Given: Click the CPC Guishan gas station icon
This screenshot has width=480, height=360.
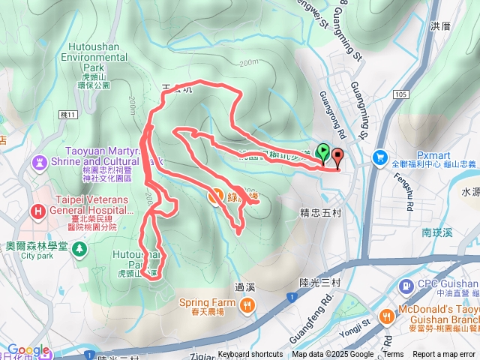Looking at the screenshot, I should [406, 286].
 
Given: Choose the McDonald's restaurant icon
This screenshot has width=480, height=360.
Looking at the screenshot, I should [388, 316].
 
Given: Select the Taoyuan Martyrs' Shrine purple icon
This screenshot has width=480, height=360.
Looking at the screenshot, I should [38, 160].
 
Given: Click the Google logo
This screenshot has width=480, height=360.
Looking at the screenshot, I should [28, 349].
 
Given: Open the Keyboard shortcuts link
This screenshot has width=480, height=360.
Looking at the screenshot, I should [250, 355].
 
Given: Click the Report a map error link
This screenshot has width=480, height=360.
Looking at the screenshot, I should [444, 355].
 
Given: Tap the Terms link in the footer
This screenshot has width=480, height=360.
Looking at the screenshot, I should [393, 355].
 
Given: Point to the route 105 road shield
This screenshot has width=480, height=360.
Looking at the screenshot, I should [399, 94].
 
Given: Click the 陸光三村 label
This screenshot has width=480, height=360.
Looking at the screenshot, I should [310, 282].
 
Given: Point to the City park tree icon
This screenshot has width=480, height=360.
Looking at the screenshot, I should [78, 248].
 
